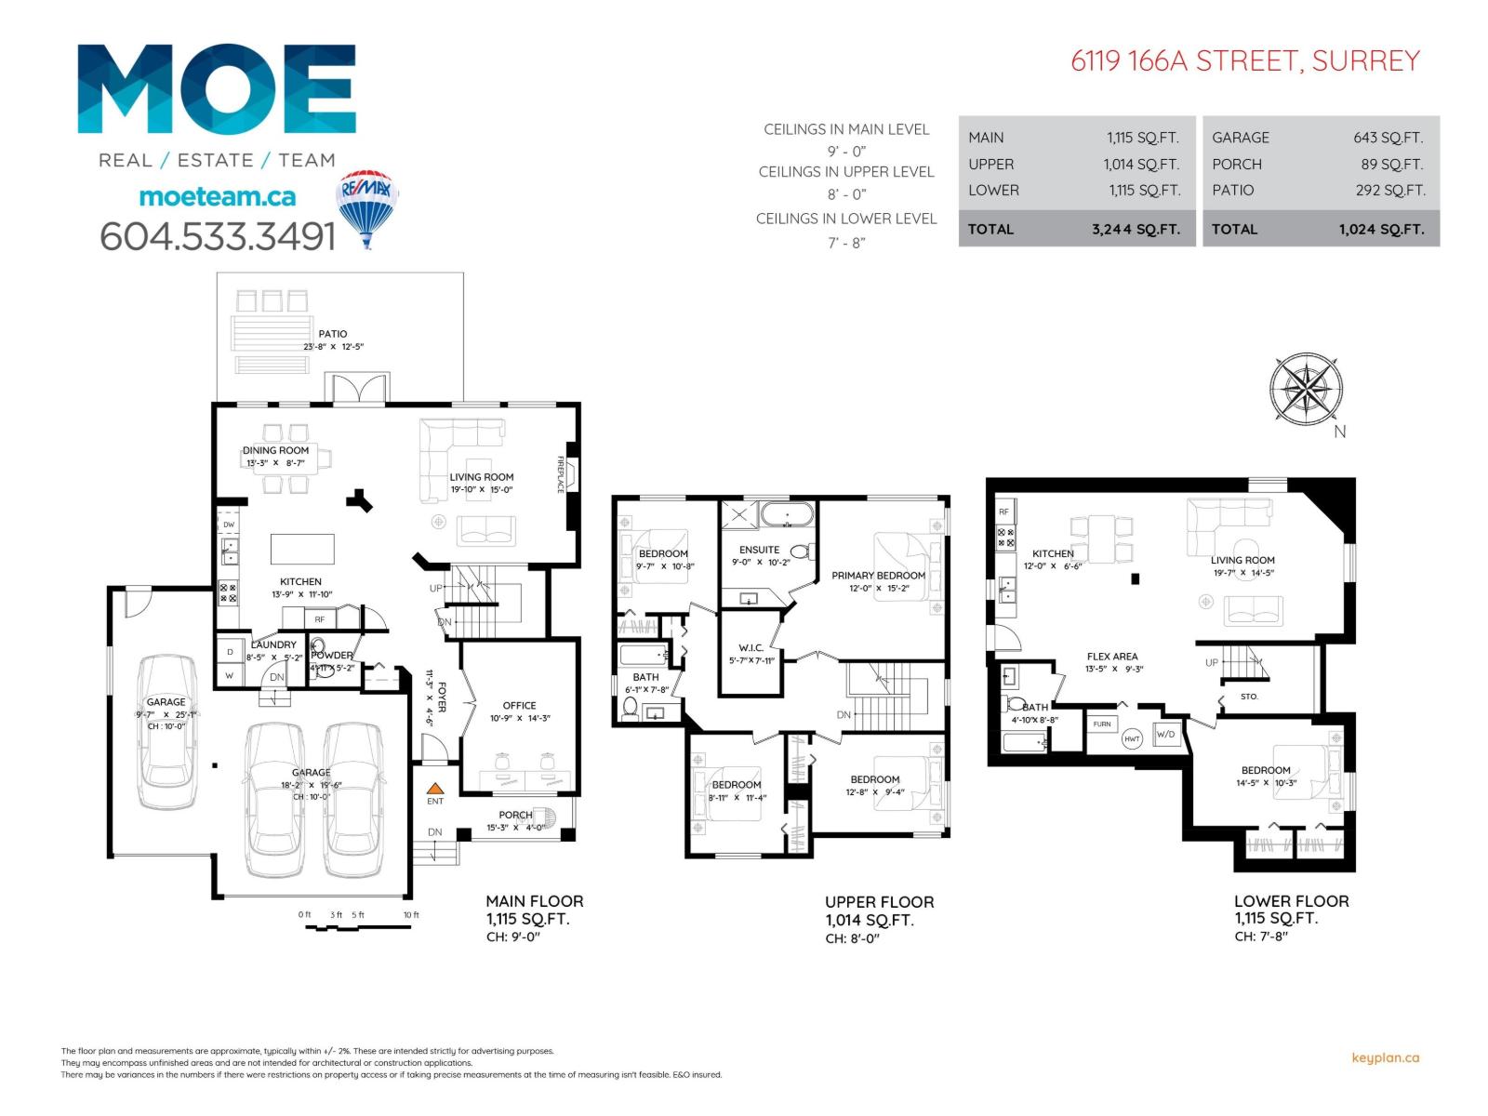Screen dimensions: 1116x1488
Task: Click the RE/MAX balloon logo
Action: tap(368, 206)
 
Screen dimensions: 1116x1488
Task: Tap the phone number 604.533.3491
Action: tap(217, 236)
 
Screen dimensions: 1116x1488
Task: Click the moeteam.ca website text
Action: tap(217, 196)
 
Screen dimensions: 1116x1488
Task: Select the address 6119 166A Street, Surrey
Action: tap(1245, 61)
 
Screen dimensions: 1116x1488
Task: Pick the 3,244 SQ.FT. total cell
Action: tap(1136, 230)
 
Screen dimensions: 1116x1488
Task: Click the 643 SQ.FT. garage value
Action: tap(1388, 138)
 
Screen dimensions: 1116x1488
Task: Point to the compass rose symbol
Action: tap(1307, 389)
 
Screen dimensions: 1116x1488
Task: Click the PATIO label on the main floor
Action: tap(332, 334)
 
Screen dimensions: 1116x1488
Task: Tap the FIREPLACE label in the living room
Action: tap(561, 474)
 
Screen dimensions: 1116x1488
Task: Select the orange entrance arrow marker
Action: tap(434, 788)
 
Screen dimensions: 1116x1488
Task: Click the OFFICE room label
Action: tap(519, 706)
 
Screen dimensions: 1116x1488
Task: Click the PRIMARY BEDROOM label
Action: tap(878, 576)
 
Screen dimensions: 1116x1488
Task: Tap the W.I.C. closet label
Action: tap(751, 648)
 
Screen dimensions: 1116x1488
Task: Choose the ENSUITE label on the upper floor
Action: tap(759, 550)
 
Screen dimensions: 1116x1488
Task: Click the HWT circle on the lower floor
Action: tap(1132, 739)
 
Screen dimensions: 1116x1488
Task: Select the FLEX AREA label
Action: tap(1112, 657)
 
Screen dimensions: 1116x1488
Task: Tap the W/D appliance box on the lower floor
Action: tap(1165, 735)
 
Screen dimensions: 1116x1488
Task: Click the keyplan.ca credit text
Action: tap(1385, 1057)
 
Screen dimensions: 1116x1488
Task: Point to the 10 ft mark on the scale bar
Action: tap(411, 915)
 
